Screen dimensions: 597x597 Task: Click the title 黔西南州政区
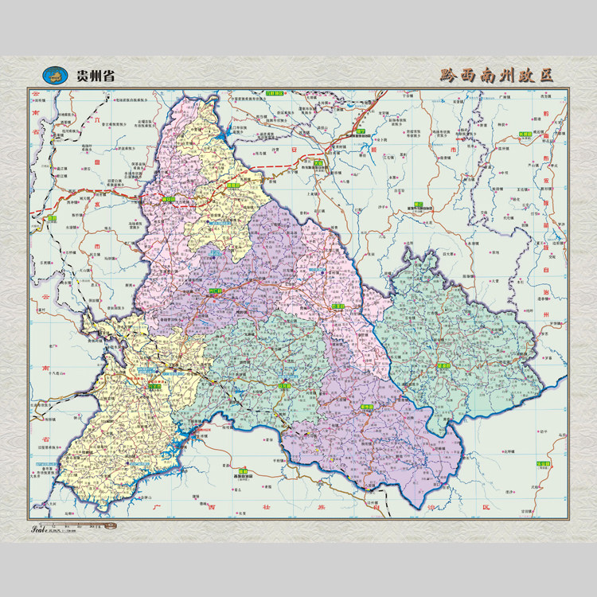(496, 76)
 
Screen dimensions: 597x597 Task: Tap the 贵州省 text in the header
(95, 76)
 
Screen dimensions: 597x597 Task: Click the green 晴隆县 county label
(232, 185)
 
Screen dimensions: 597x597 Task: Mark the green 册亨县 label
(367, 406)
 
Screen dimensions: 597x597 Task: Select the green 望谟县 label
(443, 365)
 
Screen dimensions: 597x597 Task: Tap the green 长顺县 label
(525, 135)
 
